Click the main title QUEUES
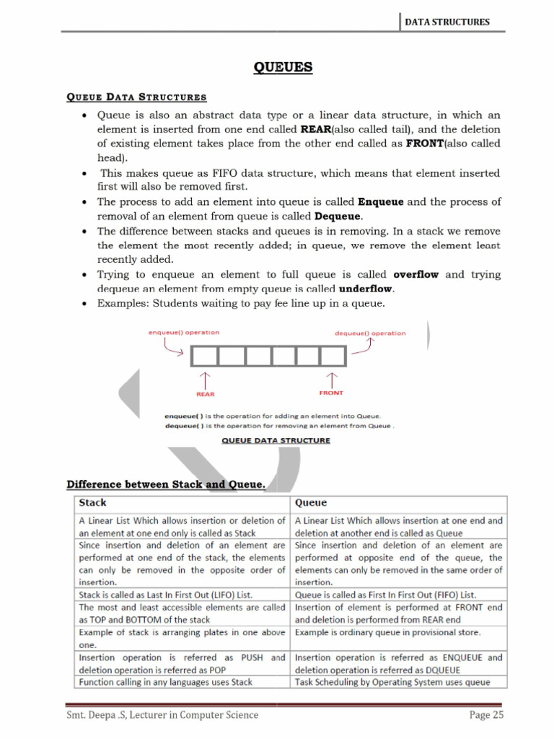tap(283, 68)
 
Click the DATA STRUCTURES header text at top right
tap(447, 22)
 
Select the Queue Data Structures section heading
tap(136, 97)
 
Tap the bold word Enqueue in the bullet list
tap(382, 202)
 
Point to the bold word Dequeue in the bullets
tap(338, 217)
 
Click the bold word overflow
tap(416, 275)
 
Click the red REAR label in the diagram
tap(206, 394)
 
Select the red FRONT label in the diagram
tap(331, 393)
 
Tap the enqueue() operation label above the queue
tap(183, 333)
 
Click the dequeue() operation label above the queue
tap(370, 333)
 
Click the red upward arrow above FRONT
tap(332, 379)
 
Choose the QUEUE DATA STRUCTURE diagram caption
tap(276, 440)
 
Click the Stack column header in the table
tap(92, 503)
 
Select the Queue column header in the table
tap(311, 503)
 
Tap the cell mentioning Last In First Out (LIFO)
tap(181, 595)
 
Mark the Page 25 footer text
tap(485, 715)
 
